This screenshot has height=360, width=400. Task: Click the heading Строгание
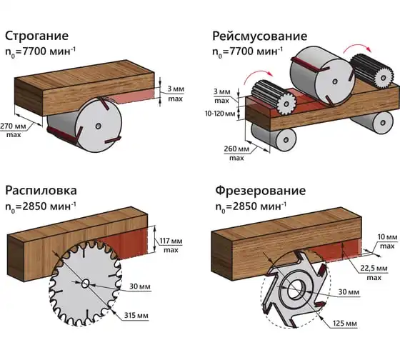36,36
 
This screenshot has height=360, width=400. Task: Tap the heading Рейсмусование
260,36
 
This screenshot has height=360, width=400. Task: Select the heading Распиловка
41,191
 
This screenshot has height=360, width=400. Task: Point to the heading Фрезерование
260,191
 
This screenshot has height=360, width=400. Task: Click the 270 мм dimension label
13,126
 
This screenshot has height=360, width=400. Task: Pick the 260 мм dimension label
236,149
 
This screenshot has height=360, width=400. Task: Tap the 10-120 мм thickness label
220,114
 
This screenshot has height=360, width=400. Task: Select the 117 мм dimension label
171,241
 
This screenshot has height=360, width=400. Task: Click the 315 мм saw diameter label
136,316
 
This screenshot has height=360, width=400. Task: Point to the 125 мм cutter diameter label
344,324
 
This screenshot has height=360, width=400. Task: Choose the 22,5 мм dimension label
374,269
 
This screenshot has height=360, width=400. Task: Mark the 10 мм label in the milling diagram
387,237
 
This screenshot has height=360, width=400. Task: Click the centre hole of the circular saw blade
86,283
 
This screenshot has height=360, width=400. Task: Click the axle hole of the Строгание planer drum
98,126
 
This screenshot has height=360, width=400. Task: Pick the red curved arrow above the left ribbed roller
258,76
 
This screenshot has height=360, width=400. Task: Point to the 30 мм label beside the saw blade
140,286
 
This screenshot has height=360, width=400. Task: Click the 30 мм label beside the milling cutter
349,292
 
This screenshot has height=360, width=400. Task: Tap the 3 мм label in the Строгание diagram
176,89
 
